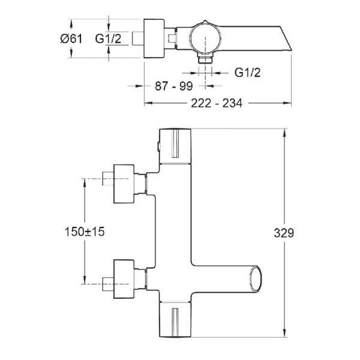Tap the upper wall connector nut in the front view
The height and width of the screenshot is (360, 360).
pos(124,178)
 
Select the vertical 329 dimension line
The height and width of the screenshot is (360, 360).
pos(284,231)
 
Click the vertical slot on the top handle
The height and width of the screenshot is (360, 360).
pos(176,145)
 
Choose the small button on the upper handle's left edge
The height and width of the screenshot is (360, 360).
pos(157,145)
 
